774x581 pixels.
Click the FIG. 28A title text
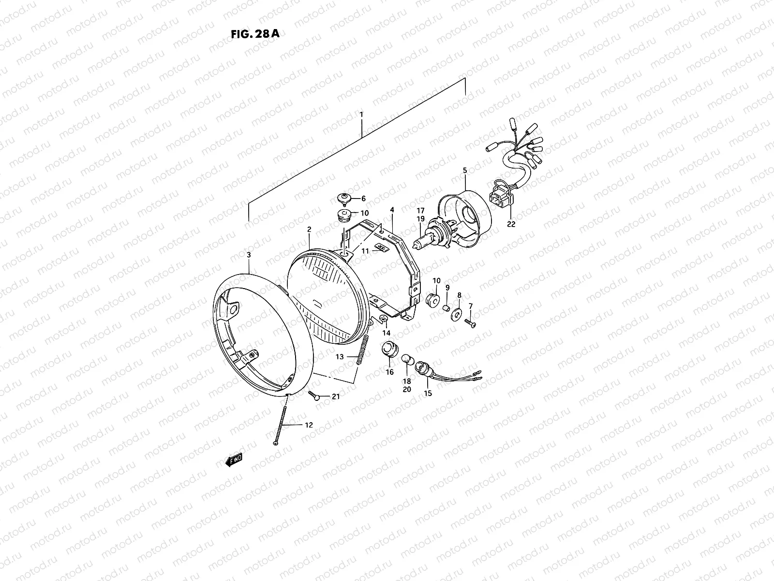[x=252, y=34]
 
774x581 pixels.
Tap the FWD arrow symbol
[x=234, y=460]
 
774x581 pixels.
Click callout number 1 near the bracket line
[x=361, y=114]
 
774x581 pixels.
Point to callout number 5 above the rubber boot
[x=464, y=170]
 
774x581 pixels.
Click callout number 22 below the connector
[x=511, y=224]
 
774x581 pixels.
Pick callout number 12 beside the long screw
[x=308, y=425]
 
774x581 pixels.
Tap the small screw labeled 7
[x=471, y=323]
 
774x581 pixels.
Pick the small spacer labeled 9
[x=447, y=307]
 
